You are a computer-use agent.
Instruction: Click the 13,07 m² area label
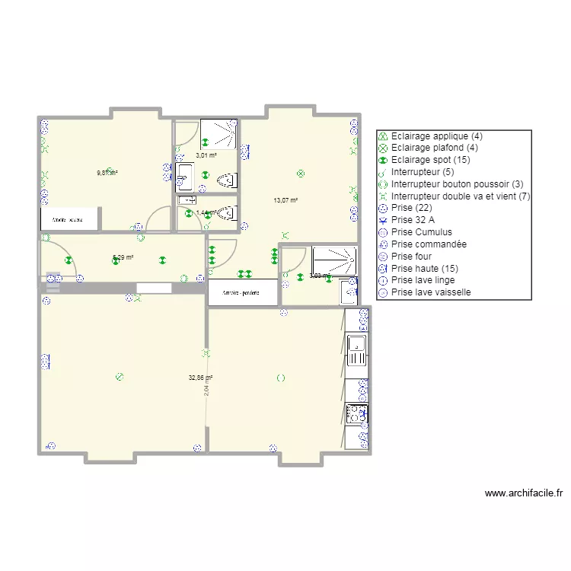click(285, 201)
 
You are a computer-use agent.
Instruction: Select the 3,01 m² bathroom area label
click(206, 155)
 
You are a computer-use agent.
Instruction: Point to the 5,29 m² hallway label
click(123, 257)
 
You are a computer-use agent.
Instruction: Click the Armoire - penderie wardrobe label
click(241, 293)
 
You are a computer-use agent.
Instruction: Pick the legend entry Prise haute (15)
click(426, 268)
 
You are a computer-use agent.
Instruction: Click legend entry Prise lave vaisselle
click(431, 292)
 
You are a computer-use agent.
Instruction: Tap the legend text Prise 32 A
click(416, 220)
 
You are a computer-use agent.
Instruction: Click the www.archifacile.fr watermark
click(524, 493)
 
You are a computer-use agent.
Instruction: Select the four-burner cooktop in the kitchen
click(356, 413)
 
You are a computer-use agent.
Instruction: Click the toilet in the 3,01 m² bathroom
click(228, 180)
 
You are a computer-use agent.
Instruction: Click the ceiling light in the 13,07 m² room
click(301, 174)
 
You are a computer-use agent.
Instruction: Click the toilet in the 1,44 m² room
click(227, 214)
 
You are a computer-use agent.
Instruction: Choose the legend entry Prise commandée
click(429, 244)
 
